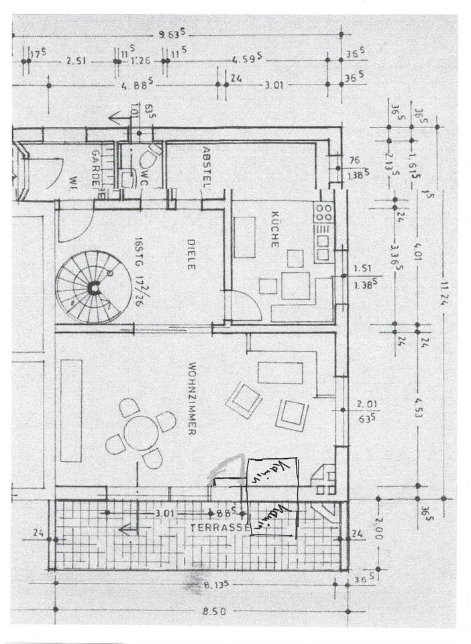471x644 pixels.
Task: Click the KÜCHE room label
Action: [x=274, y=230]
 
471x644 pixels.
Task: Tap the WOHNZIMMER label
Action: [x=191, y=400]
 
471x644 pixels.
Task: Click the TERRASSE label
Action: [x=214, y=527]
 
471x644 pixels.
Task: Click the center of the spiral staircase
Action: [x=94, y=287]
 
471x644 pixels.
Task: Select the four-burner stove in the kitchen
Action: [x=323, y=213]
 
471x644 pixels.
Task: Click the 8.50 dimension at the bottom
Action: [x=214, y=611]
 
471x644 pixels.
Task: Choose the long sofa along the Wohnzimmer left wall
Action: [x=70, y=411]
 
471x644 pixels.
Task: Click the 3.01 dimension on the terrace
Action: [x=165, y=513]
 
